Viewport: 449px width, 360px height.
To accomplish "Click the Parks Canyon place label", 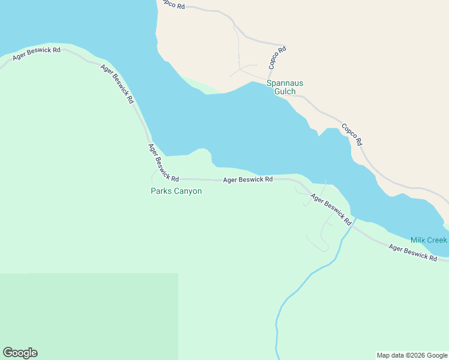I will (176, 191).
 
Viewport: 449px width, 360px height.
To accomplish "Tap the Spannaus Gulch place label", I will (285, 88).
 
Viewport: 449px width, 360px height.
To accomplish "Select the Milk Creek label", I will (429, 240).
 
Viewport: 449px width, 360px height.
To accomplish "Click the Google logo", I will (20, 353).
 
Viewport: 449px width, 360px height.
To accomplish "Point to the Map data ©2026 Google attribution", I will (412, 355).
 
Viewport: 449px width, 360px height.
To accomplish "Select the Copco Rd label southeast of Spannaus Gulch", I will (352, 135).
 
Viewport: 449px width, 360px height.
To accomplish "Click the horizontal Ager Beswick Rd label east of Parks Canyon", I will (248, 179).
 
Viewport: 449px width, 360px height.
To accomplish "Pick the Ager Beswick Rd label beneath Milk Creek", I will (412, 251).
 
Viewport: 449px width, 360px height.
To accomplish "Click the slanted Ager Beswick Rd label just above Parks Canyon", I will (163, 163).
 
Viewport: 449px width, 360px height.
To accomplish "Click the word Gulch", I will (285, 92).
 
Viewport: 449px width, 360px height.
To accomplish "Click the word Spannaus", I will (285, 83).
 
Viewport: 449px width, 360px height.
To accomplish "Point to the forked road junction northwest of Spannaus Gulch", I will (241, 68).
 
